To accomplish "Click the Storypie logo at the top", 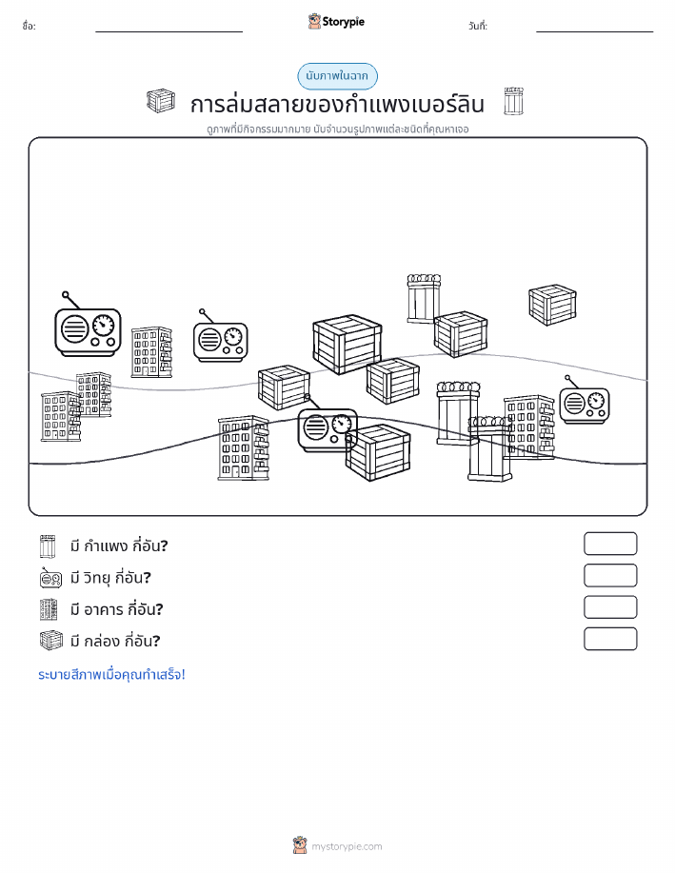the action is [336, 22].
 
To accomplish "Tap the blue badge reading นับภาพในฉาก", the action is [337, 76].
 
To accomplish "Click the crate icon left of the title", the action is [161, 101].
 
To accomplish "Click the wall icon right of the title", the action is [513, 101].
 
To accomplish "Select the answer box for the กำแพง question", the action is [610, 544].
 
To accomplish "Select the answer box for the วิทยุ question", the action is [610, 576].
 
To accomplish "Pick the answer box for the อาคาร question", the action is [610, 607].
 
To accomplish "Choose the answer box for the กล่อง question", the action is [610, 639].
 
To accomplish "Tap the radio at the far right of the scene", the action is [585, 400].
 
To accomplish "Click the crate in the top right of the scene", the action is [552, 305].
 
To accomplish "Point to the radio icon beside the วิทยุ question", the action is [50, 578].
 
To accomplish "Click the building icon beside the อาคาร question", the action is [49, 609].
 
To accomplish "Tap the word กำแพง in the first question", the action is [106, 546].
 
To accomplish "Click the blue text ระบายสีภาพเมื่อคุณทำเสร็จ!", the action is [111, 675].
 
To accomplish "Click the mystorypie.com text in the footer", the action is [347, 847].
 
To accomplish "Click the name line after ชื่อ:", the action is [169, 31].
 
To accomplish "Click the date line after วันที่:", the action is [594, 31].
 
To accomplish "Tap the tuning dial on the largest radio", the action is [103, 325].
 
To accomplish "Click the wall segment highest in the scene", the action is [424, 298].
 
